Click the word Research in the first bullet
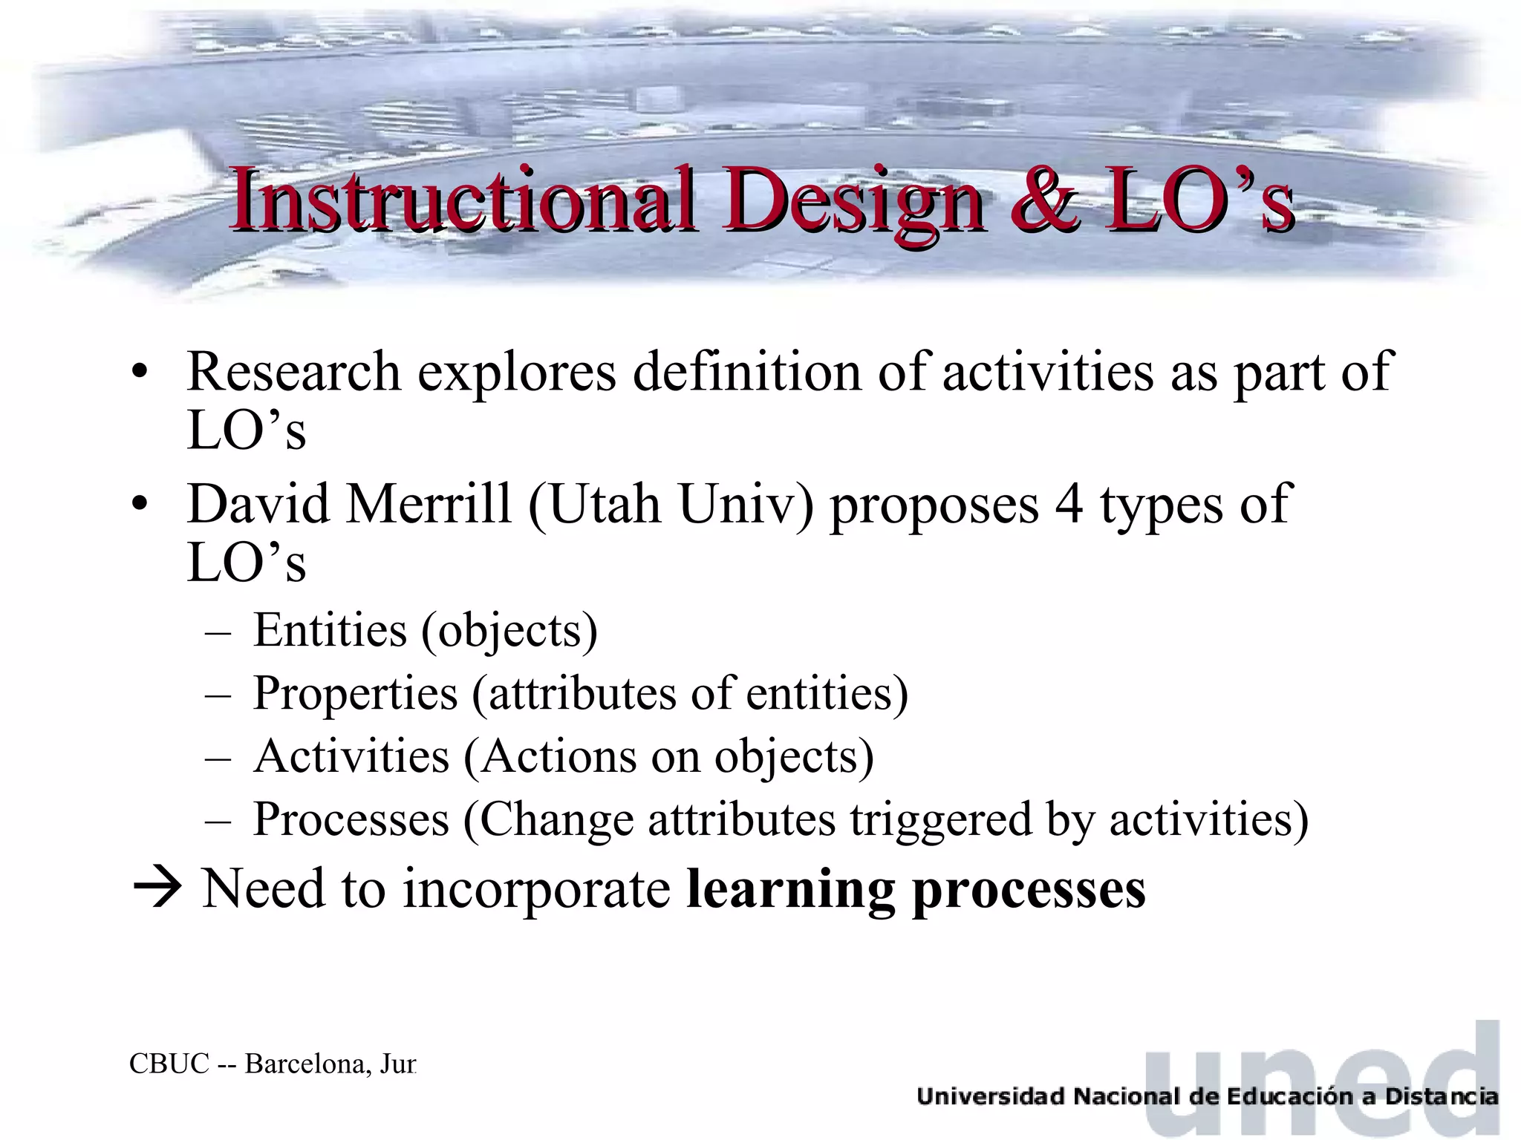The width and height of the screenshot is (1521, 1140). (293, 371)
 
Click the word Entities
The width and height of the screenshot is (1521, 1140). (330, 631)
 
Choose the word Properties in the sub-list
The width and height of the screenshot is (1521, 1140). (355, 695)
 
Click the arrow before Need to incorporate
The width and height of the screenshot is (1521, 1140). (157, 888)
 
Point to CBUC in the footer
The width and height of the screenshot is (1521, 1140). (169, 1064)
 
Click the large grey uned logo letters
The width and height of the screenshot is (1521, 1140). (1322, 1076)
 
